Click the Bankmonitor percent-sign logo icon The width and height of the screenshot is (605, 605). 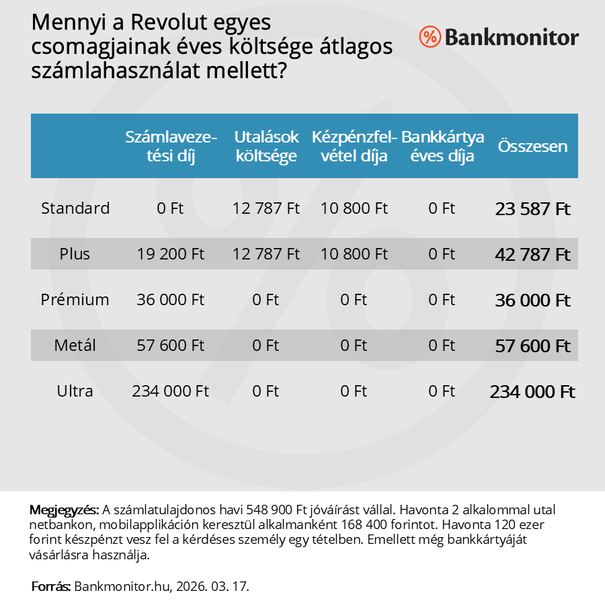click(x=430, y=37)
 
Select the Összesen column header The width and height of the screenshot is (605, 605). click(x=532, y=147)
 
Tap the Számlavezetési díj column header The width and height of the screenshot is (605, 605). click(x=171, y=147)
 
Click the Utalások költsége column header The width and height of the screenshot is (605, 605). click(x=266, y=147)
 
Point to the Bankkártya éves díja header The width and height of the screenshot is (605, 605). click(x=442, y=147)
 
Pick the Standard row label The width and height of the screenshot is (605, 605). click(x=75, y=208)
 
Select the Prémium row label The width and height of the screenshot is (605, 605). click(x=75, y=300)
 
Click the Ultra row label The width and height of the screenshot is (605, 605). click(x=75, y=391)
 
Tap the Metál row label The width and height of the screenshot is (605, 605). click(x=75, y=346)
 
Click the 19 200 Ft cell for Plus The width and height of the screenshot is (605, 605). click(x=171, y=254)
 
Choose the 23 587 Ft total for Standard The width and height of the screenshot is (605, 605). click(x=532, y=209)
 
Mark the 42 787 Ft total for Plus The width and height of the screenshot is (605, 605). click(x=532, y=255)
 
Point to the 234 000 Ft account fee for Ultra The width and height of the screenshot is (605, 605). click(x=171, y=391)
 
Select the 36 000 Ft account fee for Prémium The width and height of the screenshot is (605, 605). click(x=171, y=300)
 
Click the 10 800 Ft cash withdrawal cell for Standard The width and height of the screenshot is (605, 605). click(x=354, y=208)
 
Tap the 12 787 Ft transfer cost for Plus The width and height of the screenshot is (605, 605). click(x=266, y=254)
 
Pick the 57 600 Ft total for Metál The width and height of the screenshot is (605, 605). click(x=532, y=346)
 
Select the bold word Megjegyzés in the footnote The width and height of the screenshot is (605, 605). click(x=65, y=510)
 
